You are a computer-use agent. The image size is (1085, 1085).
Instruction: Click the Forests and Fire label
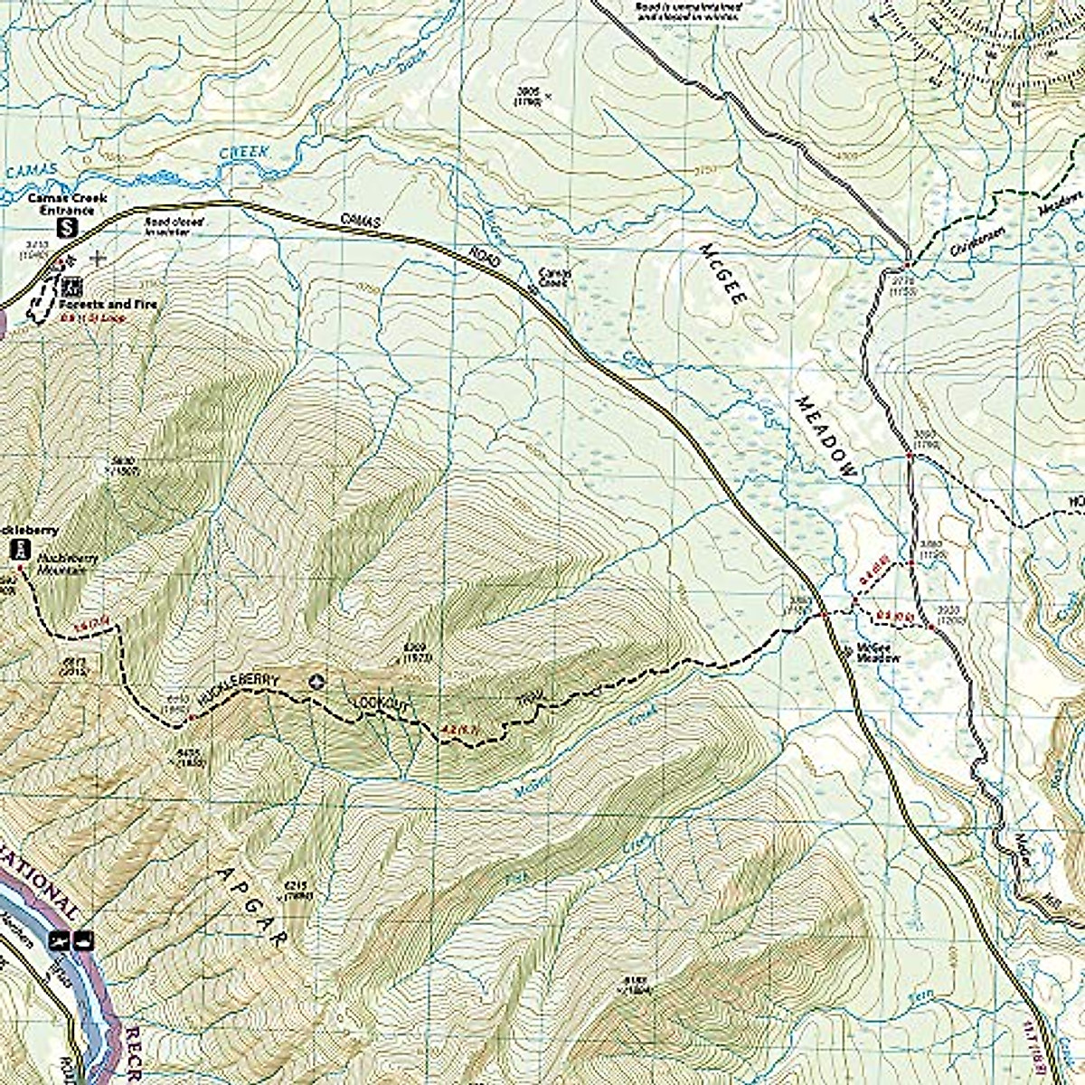116,304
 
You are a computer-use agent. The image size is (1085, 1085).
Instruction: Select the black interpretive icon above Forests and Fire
71,287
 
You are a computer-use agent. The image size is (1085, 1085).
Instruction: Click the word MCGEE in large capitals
722,271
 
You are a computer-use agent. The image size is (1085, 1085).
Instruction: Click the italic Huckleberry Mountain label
67,565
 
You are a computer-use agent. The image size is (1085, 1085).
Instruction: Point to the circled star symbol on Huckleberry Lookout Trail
316,683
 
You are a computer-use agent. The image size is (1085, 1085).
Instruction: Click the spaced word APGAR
253,904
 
